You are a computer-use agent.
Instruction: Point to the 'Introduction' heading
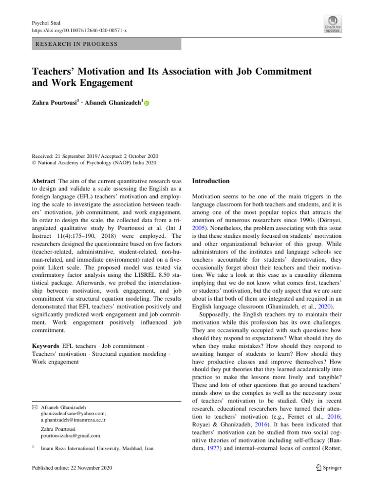(211, 181)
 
